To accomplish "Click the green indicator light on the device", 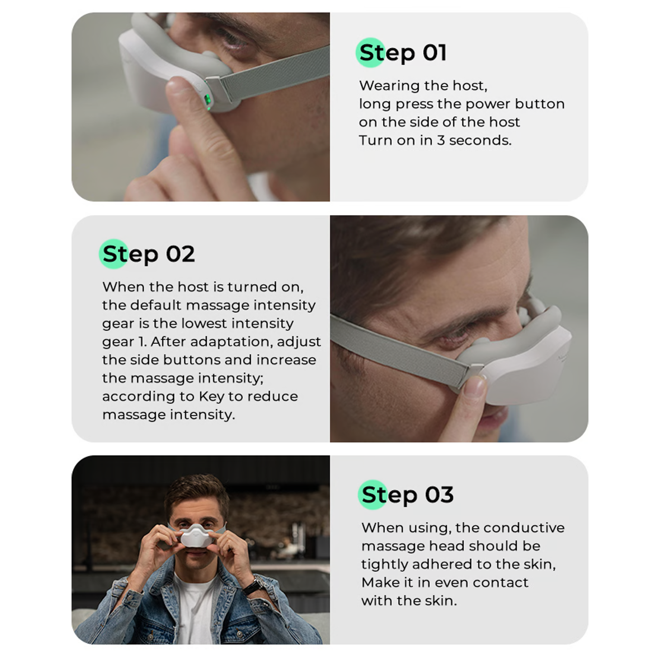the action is [x=207, y=101].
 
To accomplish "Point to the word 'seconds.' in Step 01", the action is [x=480, y=141].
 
